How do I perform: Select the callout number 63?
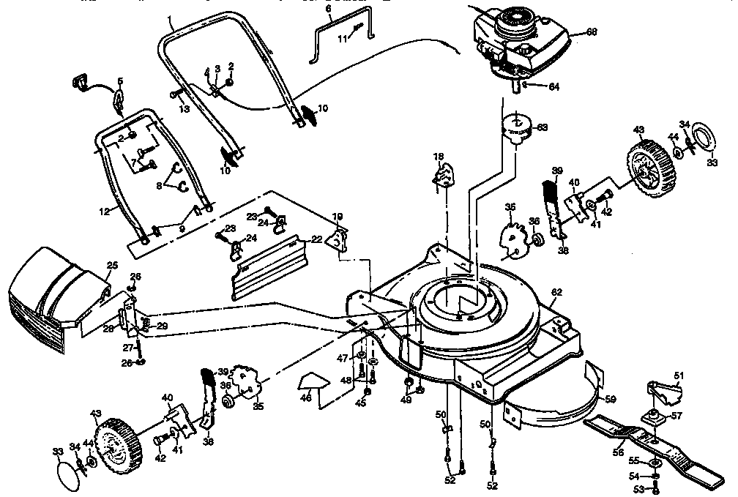tap(542, 127)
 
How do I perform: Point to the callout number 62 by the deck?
tap(556, 293)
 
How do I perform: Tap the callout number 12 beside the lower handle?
tap(103, 211)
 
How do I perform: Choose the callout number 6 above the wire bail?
tap(328, 10)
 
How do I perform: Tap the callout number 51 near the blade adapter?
tap(677, 376)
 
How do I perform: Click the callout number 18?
tap(438, 157)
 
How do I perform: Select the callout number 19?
tap(338, 217)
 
